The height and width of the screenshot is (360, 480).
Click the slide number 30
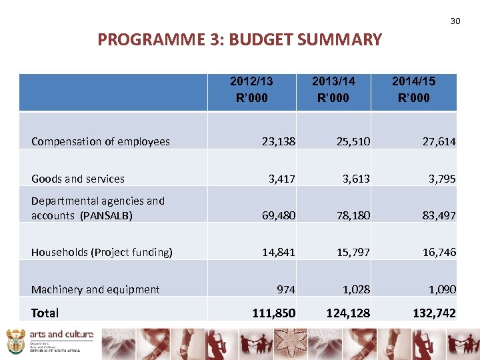point(455,21)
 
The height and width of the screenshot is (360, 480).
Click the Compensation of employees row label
point(101,141)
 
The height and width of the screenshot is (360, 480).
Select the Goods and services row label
point(78,179)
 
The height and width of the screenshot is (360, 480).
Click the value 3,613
point(356,179)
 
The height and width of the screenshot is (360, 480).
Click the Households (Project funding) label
point(102,252)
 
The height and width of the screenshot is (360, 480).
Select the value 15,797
point(353,252)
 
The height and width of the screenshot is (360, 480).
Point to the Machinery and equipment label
point(95,289)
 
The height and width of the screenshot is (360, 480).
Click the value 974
point(287,289)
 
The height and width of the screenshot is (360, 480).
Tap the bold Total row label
point(45,313)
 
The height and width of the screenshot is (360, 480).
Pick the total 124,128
point(348,313)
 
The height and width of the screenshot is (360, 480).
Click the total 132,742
point(433,313)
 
